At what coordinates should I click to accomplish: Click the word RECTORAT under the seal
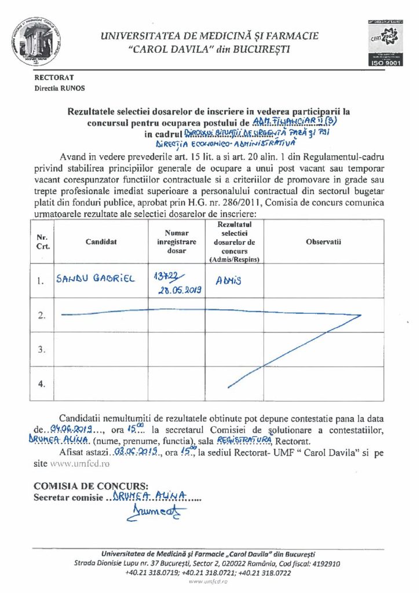[x=54, y=77]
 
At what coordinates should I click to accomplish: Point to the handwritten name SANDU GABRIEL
[x=95, y=279]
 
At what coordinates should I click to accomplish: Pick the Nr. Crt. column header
[x=42, y=242]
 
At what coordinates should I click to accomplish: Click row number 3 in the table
[x=41, y=350]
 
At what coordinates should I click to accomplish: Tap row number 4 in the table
[x=41, y=383]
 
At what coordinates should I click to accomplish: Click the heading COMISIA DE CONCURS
[x=92, y=486]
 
